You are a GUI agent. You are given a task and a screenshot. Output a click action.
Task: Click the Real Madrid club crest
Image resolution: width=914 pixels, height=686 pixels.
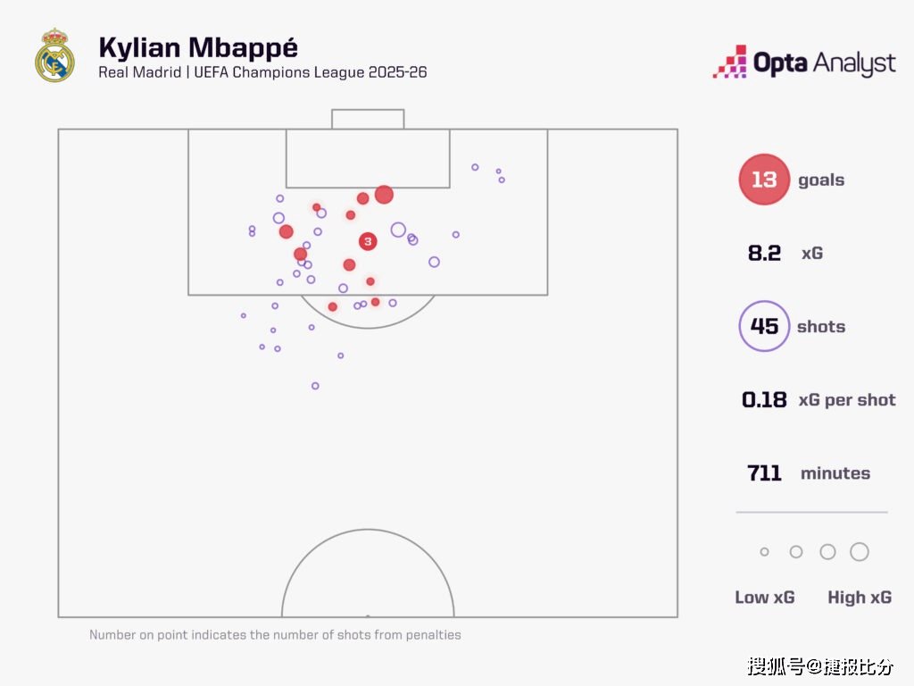[54, 55]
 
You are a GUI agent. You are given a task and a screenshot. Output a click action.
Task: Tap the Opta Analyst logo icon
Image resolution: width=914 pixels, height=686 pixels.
[729, 62]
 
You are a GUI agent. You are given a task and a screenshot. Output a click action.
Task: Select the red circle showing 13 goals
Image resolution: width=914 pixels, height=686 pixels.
[764, 180]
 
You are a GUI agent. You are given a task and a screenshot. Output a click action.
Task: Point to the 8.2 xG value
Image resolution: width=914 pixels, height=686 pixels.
[764, 254]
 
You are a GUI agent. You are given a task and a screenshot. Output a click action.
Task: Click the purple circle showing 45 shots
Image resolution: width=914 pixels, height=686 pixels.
[764, 326]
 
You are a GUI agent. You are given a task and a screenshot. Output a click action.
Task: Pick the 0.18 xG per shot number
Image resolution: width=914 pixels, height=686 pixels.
[764, 399]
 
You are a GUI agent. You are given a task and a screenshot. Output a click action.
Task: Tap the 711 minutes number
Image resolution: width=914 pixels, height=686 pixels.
[764, 473]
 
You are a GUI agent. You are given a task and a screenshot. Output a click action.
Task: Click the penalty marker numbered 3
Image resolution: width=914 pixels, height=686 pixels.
[368, 241]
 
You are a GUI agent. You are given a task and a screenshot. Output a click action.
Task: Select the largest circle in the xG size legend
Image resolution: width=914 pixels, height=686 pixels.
[860, 552]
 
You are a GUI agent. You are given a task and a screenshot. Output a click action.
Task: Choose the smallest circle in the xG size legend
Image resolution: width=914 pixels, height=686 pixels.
[764, 552]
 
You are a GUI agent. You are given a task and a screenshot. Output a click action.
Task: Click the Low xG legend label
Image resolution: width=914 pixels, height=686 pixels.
[764, 598]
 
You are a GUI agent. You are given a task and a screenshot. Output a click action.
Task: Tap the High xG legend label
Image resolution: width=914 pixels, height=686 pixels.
[860, 598]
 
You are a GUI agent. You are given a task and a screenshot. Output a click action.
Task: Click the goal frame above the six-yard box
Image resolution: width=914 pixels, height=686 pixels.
[368, 119]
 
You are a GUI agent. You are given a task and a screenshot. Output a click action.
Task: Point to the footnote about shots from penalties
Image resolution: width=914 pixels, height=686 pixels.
[275, 635]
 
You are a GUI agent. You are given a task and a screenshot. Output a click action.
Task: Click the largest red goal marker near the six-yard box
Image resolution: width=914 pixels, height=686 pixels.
[384, 195]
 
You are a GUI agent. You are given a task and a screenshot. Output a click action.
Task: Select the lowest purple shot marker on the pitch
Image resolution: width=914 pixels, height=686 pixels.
[315, 386]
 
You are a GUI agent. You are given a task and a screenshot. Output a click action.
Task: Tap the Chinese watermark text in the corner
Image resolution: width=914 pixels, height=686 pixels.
[819, 666]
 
